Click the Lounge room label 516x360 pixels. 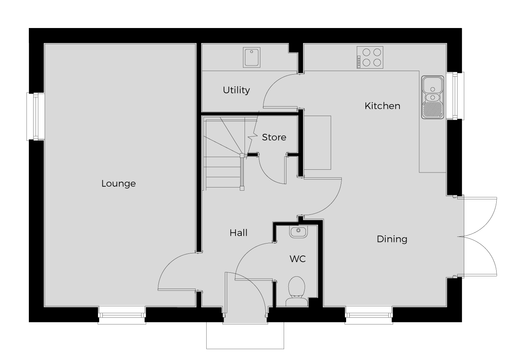click(x=119, y=184)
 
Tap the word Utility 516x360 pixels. click(x=236, y=90)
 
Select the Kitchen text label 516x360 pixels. click(x=382, y=106)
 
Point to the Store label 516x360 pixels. click(x=274, y=137)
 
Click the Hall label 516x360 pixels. click(x=238, y=233)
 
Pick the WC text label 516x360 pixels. click(x=298, y=259)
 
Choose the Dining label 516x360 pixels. click(x=392, y=239)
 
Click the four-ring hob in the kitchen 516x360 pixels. click(x=370, y=58)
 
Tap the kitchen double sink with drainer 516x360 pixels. click(x=433, y=97)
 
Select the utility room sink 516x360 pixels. click(x=252, y=58)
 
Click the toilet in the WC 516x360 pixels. click(x=297, y=291)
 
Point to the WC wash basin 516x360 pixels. click(x=299, y=232)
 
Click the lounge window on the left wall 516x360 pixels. click(x=36, y=116)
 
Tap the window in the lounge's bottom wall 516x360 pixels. click(x=122, y=315)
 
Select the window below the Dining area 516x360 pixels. click(x=369, y=315)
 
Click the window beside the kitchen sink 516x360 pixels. click(x=455, y=96)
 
